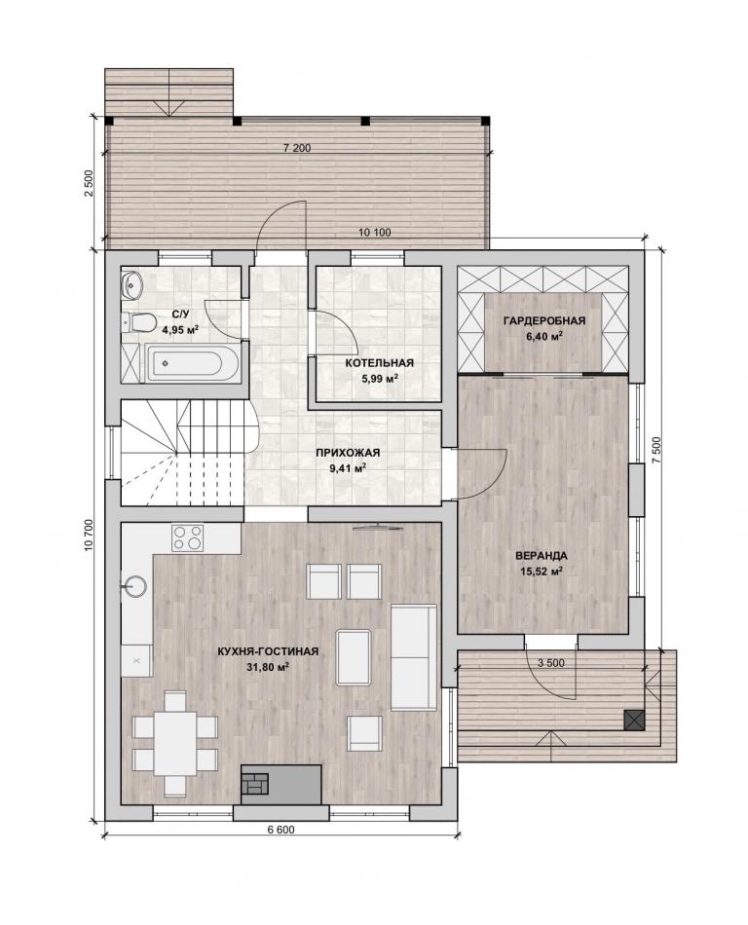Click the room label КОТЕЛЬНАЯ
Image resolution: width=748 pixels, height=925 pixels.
coord(379,363)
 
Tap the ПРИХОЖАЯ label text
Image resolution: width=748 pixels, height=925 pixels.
coord(348,453)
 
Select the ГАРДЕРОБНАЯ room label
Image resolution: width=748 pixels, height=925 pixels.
coord(543,321)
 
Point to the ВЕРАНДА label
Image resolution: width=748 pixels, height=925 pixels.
coord(541,556)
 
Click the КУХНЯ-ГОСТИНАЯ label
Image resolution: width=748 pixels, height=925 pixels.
coord(268,651)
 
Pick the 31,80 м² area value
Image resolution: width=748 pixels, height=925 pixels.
coord(269,667)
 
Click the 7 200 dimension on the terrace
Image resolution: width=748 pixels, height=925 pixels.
coord(297,148)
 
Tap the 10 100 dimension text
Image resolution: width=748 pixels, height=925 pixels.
coord(375,233)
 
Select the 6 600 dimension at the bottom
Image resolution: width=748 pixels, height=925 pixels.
coord(280,830)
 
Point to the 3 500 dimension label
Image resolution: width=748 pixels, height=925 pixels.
coord(551,663)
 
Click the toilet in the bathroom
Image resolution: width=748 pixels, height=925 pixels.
coord(138,322)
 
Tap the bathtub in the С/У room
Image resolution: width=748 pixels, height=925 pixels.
coord(192,364)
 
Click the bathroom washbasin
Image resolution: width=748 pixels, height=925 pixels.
coord(131,284)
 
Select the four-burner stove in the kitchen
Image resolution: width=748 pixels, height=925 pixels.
coord(188,536)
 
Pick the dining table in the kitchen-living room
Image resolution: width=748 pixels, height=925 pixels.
coord(175,743)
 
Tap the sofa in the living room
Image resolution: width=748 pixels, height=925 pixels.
coord(414,656)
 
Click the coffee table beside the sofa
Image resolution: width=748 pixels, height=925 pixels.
coord(354,656)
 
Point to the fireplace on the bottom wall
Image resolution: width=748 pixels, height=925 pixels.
coord(280,784)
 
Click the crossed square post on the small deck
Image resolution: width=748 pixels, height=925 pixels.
coord(635,721)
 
